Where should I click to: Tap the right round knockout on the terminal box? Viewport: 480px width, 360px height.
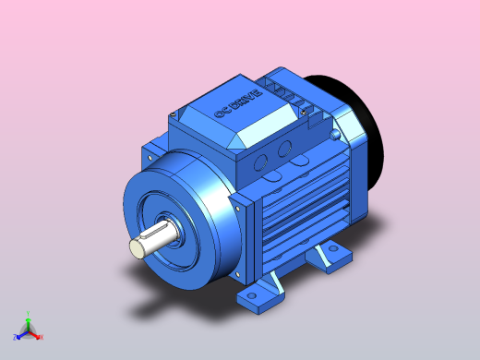pyautogui.click(x=285, y=148)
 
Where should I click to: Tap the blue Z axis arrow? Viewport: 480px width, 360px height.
pyautogui.click(x=20, y=334)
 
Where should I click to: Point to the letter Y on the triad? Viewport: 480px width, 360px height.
pyautogui.click(x=29, y=313)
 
